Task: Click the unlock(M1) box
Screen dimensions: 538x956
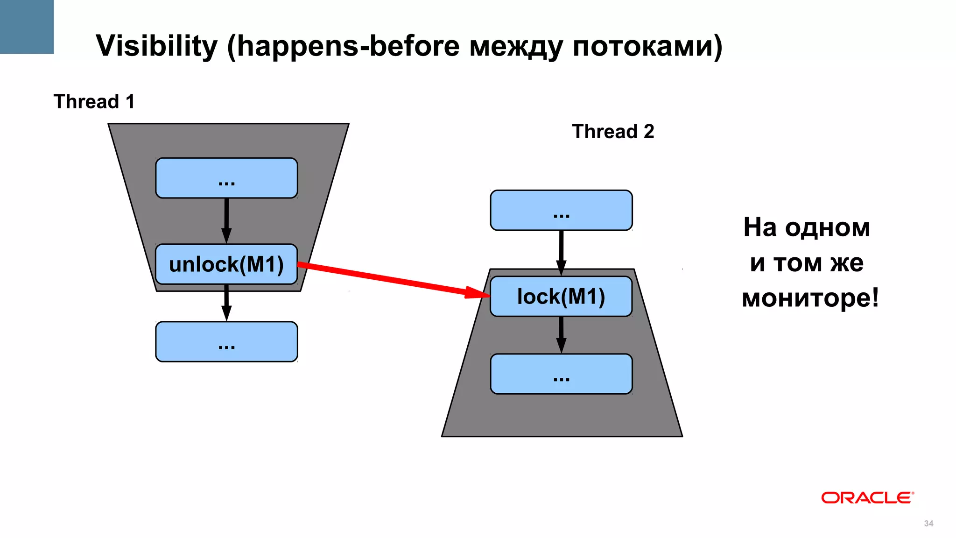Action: coord(226,264)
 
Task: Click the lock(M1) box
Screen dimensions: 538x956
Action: coord(561,297)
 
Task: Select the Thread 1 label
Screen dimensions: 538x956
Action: coord(94,101)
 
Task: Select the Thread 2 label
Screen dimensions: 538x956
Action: coord(613,131)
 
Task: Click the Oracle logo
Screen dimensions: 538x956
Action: coord(867,498)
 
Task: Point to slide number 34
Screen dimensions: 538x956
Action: coord(928,524)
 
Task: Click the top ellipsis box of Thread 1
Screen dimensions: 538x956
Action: coord(226,178)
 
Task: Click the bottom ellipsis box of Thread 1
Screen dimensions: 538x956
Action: coord(226,342)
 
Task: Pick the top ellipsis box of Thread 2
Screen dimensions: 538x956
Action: coord(561,211)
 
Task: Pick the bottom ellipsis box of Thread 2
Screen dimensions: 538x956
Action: coord(561,374)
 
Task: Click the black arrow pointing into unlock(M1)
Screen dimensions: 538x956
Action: coord(226,220)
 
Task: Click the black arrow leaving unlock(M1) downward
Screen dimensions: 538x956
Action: coord(226,302)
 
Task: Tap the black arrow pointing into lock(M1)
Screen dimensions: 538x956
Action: coord(561,253)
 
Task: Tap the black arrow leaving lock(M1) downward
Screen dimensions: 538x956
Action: coord(561,334)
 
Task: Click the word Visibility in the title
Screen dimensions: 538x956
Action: coord(157,46)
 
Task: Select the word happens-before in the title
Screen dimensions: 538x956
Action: coord(348,46)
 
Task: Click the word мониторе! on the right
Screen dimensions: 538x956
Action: coord(810,298)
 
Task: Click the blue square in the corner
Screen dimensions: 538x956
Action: coord(27,27)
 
